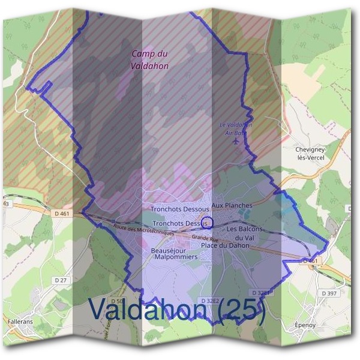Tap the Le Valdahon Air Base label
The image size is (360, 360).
(x=236, y=128)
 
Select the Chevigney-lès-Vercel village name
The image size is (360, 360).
(x=310, y=152)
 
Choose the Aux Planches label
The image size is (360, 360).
(x=232, y=205)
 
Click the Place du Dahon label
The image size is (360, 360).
(x=225, y=245)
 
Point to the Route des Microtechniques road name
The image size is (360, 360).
(x=143, y=230)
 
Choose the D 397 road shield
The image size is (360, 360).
(x=329, y=293)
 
